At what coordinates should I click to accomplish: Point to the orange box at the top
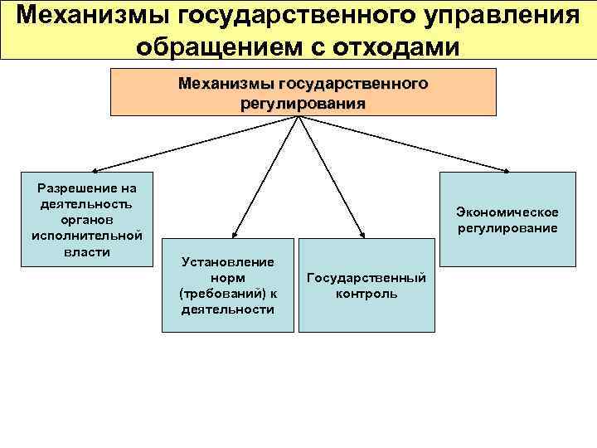pos(303,92)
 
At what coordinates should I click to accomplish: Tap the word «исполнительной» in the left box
pos(81,236)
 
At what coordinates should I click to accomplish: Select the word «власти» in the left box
pos(81,251)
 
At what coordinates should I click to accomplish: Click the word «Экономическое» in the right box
pos(507,212)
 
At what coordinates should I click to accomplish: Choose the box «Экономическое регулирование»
pos(507,219)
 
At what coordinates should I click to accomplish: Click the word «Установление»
pos(227,261)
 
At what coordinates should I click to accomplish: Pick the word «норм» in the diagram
pos(227,277)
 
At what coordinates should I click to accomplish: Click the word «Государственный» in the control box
pos(366,277)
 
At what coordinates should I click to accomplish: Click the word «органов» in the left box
pos(81,219)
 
